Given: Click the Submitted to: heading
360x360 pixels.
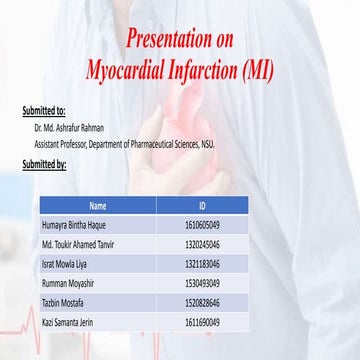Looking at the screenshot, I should [x=44, y=110].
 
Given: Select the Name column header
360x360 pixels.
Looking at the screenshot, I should [x=97, y=206].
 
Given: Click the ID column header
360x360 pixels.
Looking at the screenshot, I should [x=202, y=206].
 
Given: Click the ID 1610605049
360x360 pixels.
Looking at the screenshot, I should [x=202, y=226].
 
